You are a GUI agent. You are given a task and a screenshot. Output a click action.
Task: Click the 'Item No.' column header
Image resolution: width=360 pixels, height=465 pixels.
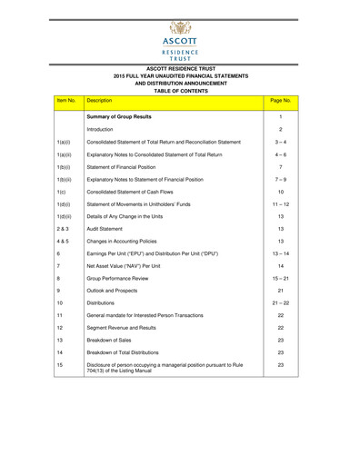[x=66, y=102]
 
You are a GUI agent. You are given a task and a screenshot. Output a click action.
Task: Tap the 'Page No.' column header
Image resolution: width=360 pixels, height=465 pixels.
[x=281, y=102]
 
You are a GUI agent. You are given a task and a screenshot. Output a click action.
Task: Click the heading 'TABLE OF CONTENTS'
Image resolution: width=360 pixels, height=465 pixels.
[x=179, y=91]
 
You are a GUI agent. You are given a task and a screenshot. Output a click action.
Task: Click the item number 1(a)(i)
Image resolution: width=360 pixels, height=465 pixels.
[x=65, y=143]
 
